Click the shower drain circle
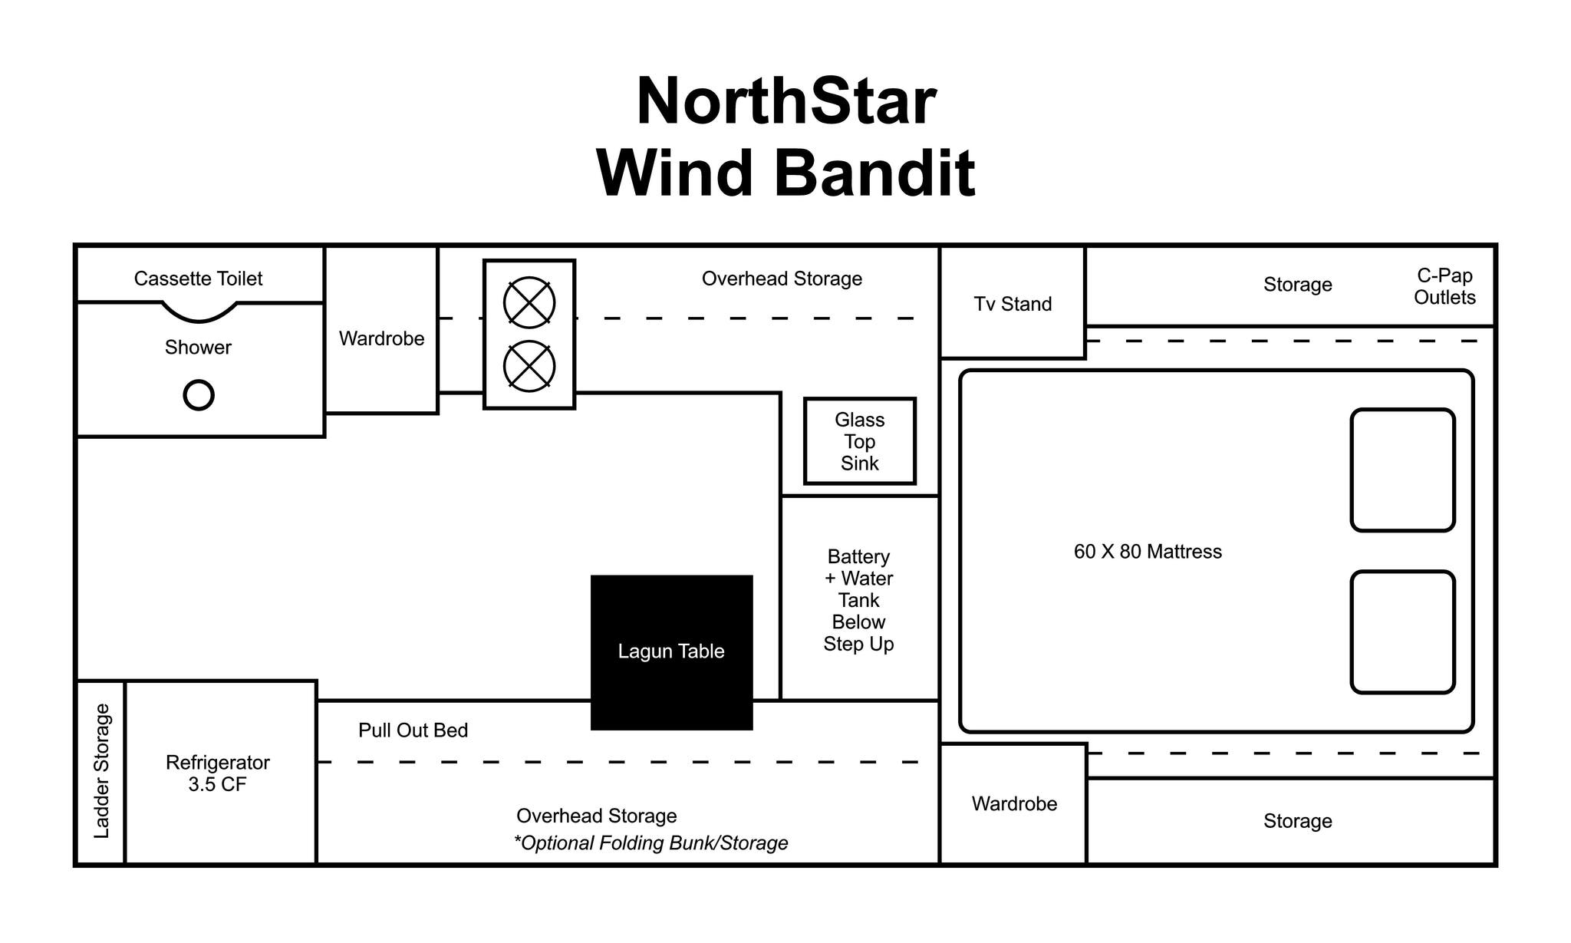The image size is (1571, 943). click(199, 395)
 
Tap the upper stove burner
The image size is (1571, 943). click(529, 302)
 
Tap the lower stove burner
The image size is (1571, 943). click(529, 366)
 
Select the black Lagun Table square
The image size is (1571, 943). click(671, 652)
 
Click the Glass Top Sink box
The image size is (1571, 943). click(859, 441)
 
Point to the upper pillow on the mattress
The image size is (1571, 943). click(1402, 470)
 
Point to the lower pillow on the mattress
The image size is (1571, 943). click(1402, 631)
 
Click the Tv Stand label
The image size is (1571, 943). click(1013, 305)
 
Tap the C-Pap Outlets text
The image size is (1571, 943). click(1444, 286)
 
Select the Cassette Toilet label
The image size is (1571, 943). click(198, 279)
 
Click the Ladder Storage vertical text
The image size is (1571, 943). click(101, 771)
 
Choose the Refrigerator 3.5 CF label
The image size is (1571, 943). click(218, 773)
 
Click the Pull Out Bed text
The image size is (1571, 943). click(413, 730)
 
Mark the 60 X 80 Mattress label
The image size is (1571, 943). click(1148, 552)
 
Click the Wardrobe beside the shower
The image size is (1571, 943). click(381, 338)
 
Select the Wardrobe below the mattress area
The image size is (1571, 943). click(1014, 804)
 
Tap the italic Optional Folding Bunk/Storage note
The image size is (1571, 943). click(650, 843)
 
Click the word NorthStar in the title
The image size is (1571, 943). click(785, 101)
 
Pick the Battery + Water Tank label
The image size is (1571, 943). click(858, 600)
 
